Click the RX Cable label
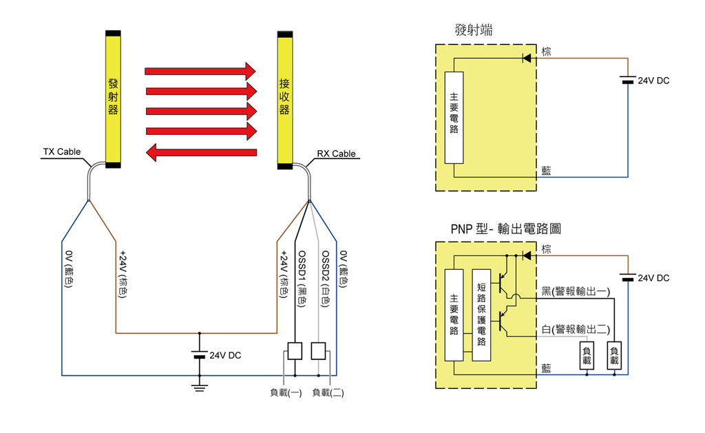pos(336,154)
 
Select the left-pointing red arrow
pos(202,152)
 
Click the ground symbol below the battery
pos(200,388)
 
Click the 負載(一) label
pos(286,393)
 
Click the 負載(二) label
pos(328,393)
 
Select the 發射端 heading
pos(474,30)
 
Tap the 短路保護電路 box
pos(481,315)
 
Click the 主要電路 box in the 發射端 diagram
pos(454,118)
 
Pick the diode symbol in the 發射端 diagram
pos(527,58)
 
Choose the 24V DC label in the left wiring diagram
pos(224,356)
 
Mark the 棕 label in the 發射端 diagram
pos(546,52)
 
